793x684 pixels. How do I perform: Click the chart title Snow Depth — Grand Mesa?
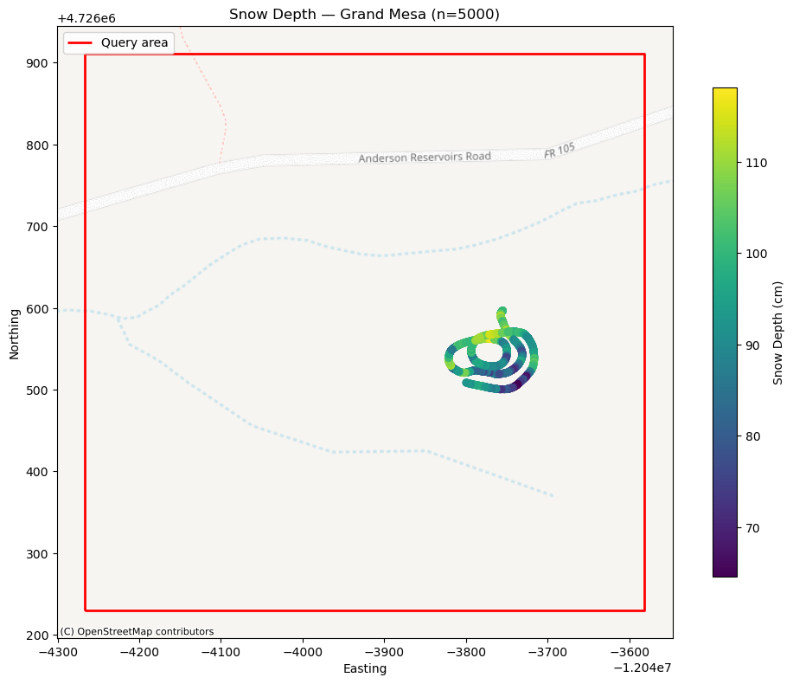point(364,15)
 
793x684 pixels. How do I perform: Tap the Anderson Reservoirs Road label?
point(425,158)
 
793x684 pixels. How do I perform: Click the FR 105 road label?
point(560,151)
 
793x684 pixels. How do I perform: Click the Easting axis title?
point(364,668)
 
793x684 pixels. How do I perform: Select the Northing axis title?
point(14,333)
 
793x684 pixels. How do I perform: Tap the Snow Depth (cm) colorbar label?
point(777,332)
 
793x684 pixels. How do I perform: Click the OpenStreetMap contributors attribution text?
point(137,631)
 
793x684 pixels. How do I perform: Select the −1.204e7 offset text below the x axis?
point(642,668)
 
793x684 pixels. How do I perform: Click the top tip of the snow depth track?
point(502,310)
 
